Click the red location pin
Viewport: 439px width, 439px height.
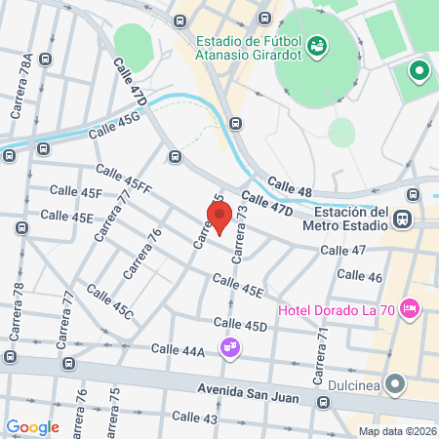pyautogui.click(x=219, y=219)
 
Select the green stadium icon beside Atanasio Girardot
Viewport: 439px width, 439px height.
pyautogui.click(x=316, y=45)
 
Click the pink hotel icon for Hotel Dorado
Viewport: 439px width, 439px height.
pyautogui.click(x=410, y=309)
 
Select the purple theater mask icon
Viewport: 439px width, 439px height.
pyautogui.click(x=229, y=346)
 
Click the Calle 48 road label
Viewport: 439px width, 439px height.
pyautogui.click(x=290, y=185)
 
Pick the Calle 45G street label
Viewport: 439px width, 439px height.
pyautogui.click(x=114, y=126)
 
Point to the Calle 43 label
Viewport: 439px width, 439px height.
pyautogui.click(x=194, y=418)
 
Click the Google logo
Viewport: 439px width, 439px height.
pyautogui.click(x=32, y=427)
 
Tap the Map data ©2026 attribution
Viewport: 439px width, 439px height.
pyautogui.click(x=396, y=431)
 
